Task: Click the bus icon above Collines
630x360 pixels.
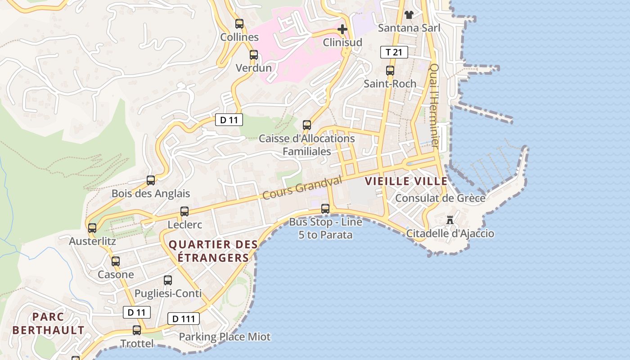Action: [x=239, y=24]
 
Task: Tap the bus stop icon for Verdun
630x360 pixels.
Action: [x=254, y=55]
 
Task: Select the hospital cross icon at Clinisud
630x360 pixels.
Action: [x=342, y=30]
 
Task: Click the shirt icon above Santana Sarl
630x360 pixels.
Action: [x=409, y=15]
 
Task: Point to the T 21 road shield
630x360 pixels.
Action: [x=394, y=52]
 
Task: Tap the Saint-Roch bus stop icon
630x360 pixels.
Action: [x=390, y=71]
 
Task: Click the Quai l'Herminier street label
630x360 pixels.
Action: [x=434, y=106]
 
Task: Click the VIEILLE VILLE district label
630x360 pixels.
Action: [x=406, y=181]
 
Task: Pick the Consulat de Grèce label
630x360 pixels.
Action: [x=440, y=198]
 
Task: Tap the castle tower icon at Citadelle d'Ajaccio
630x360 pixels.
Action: [x=450, y=220]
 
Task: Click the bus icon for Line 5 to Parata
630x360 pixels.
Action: [x=325, y=209]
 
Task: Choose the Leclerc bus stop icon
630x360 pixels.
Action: [x=184, y=211]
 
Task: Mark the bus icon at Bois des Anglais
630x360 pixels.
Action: [x=151, y=180]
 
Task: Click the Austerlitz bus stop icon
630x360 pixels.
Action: [x=92, y=228]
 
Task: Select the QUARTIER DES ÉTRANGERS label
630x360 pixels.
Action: [x=213, y=251]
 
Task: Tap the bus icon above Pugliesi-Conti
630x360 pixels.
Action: [x=168, y=280]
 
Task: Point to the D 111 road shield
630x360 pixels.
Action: [x=184, y=319]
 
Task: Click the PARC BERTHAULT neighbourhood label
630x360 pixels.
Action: [x=48, y=324]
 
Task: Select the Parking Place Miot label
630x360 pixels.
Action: [x=225, y=337]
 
